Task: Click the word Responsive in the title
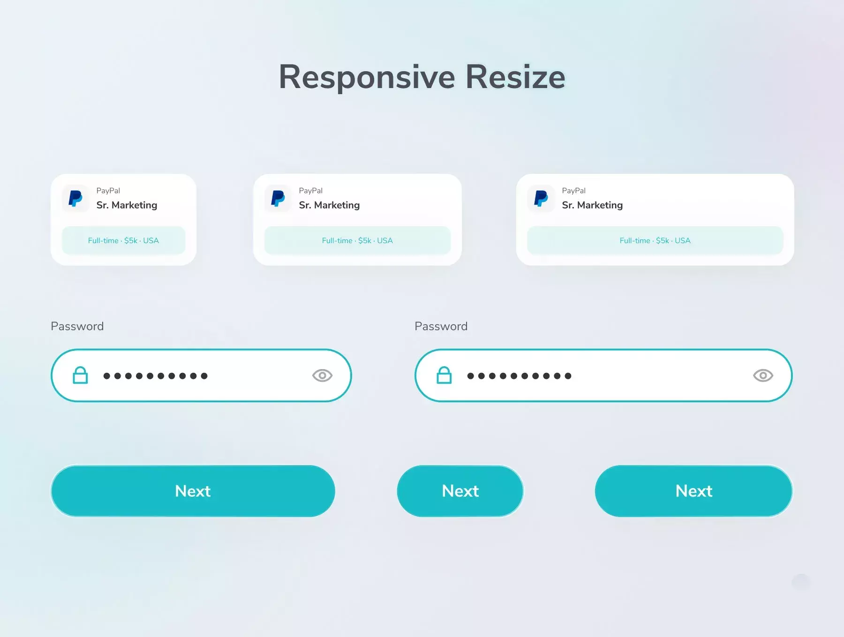[367, 77]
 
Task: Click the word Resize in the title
[515, 77]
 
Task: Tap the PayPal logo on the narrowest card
[75, 199]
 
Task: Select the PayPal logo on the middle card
[278, 199]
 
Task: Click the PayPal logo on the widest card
[541, 199]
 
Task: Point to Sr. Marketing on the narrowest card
[127, 205]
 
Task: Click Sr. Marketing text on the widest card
[592, 205]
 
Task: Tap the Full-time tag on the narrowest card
[123, 240]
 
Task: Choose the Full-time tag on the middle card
[357, 240]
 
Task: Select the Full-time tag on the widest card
[655, 240]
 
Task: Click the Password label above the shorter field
[77, 326]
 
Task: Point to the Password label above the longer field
[441, 326]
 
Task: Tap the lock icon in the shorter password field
[80, 375]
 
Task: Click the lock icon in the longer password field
[444, 375]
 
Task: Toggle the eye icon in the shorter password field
[322, 376]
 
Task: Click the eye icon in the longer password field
[763, 376]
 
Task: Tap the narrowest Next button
[460, 491]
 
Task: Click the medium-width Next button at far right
[693, 491]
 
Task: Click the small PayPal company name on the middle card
[310, 191]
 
